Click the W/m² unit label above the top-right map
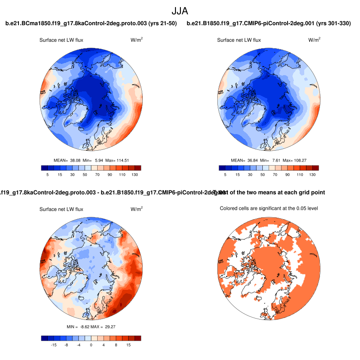tap(314, 40)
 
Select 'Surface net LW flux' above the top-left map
tap(62, 40)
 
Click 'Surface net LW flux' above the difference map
tap(62, 209)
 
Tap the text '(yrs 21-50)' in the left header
tap(162, 23)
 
